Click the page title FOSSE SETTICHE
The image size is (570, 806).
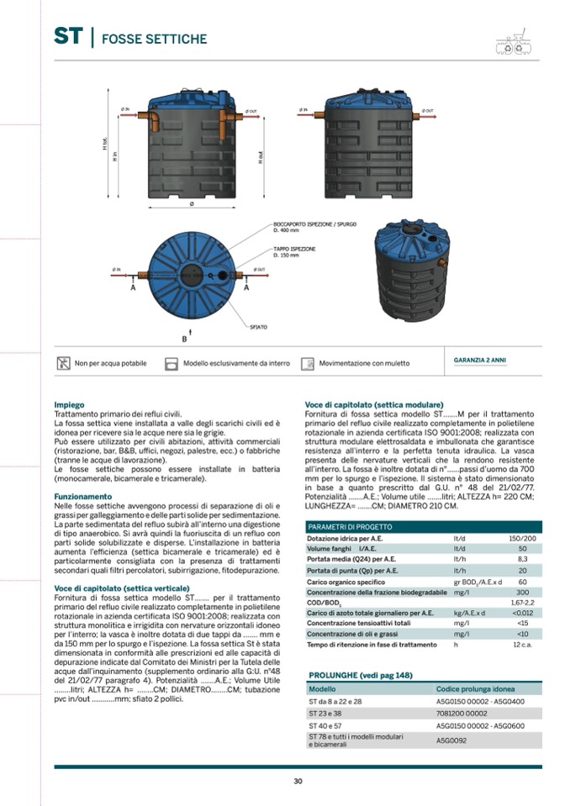(153, 39)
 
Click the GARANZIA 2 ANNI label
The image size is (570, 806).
(480, 361)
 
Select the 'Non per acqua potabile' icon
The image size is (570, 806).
(63, 364)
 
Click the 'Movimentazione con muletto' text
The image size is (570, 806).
(364, 364)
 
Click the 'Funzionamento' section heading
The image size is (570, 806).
(82, 496)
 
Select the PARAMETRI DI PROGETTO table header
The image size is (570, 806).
(350, 527)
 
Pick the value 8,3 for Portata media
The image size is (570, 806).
(522, 559)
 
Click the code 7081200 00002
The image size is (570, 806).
(462, 713)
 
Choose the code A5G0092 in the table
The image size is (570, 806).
(451, 740)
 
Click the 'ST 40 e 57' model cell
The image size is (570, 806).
(324, 725)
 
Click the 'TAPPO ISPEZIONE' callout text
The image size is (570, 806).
(294, 250)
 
